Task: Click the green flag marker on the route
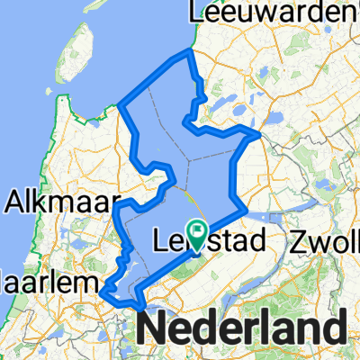197,230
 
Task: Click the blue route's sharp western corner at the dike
120,106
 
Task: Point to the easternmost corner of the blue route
260,135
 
